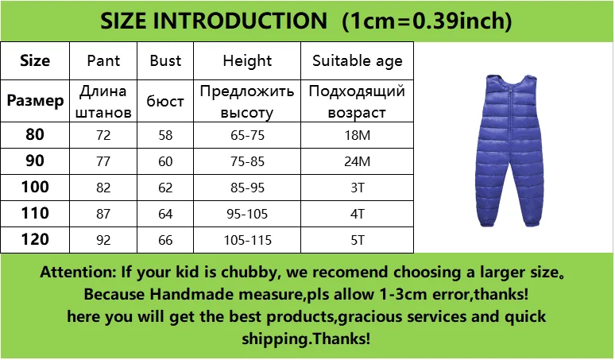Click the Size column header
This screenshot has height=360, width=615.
pyautogui.click(x=35, y=60)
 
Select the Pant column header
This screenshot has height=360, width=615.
pyautogui.click(x=103, y=60)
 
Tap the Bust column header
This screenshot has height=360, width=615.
pyautogui.click(x=165, y=60)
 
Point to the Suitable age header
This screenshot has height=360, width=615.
pyautogui.click(x=358, y=61)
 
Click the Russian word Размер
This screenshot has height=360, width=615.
pyautogui.click(x=35, y=101)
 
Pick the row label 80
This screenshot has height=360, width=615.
pyautogui.click(x=35, y=134)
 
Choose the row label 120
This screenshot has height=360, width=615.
pyautogui.click(x=35, y=239)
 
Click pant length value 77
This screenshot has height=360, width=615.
pyautogui.click(x=103, y=161)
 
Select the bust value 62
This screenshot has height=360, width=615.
pyautogui.click(x=165, y=188)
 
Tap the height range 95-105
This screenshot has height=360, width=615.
pyautogui.click(x=247, y=214)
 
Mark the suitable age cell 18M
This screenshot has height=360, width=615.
pyautogui.click(x=358, y=135)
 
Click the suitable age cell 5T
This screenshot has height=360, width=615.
pyautogui.click(x=358, y=240)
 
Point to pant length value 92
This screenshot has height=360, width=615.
pyautogui.click(x=103, y=240)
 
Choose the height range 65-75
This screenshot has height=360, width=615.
pyautogui.click(x=247, y=135)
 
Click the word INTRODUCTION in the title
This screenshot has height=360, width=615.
pyautogui.click(x=240, y=21)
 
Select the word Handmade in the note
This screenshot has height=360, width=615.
pyautogui.click(x=192, y=294)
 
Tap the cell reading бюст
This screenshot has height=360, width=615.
pyautogui.click(x=165, y=101)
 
